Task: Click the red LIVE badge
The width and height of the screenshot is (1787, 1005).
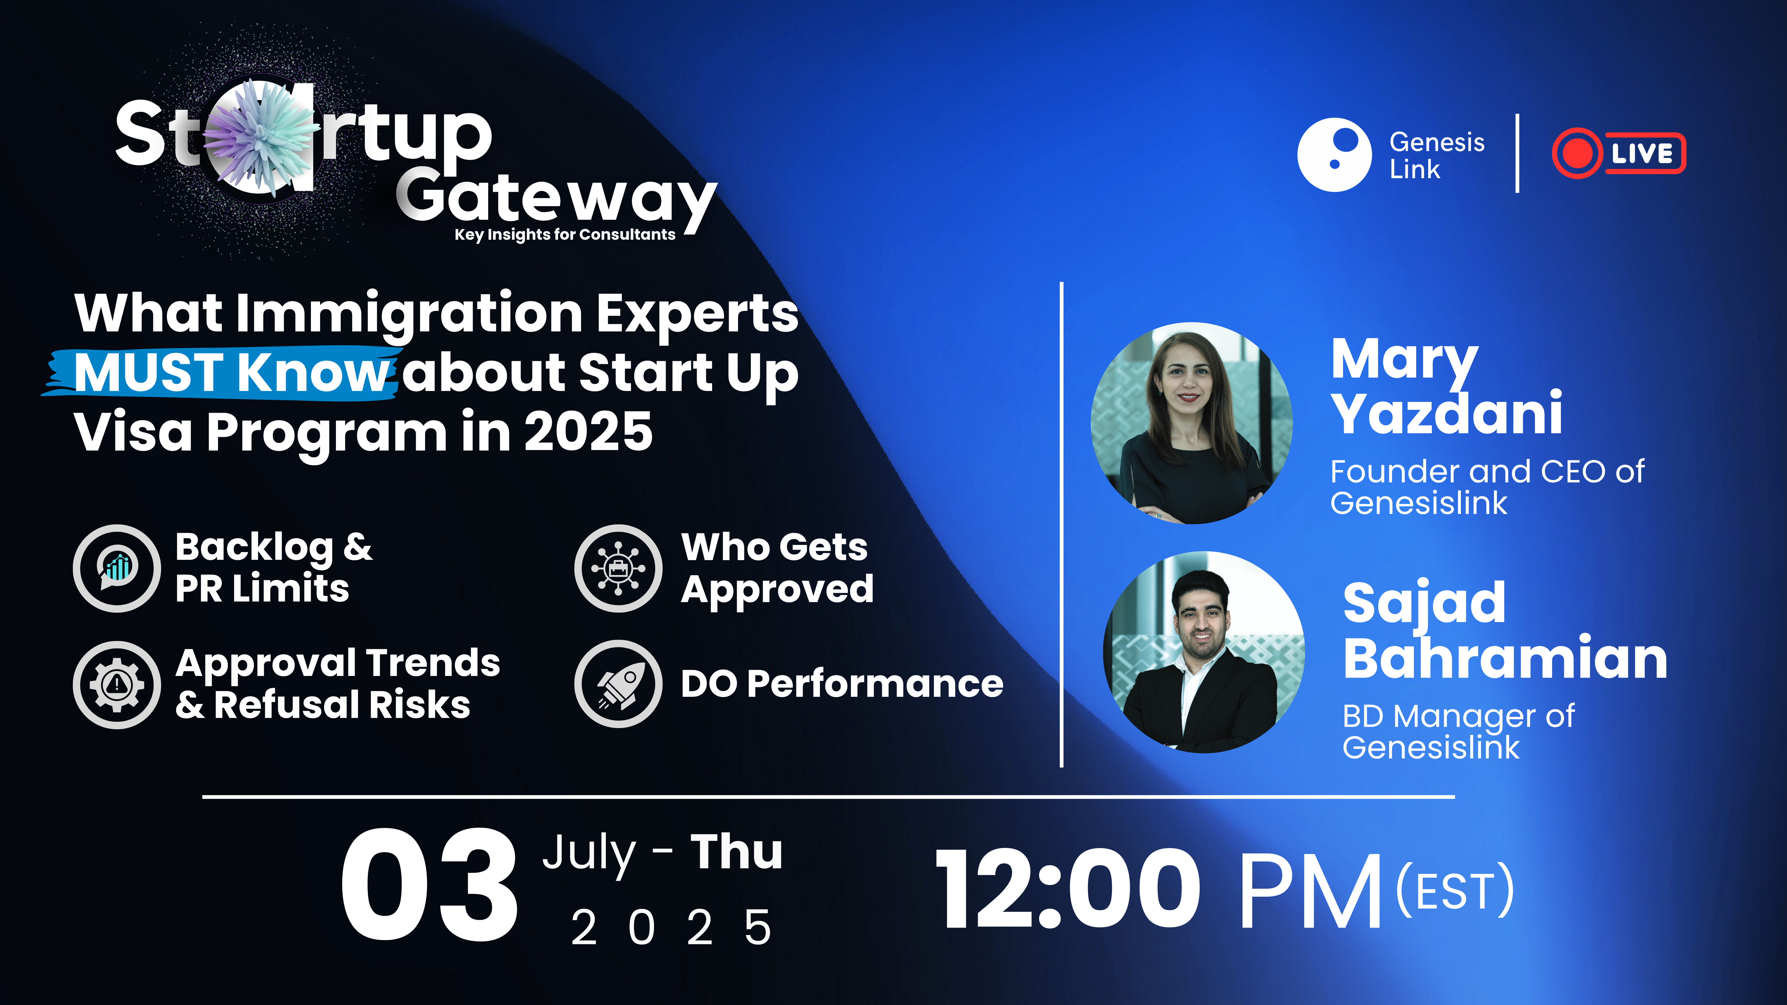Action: tap(1618, 153)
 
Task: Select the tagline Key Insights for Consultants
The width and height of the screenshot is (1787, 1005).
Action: tap(565, 234)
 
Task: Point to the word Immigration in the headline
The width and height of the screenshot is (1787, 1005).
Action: tap(409, 314)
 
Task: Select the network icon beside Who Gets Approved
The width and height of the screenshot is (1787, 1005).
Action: tap(618, 568)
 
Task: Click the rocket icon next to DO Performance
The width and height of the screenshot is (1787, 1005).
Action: tap(618, 684)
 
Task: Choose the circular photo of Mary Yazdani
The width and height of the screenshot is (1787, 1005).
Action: tap(1191, 423)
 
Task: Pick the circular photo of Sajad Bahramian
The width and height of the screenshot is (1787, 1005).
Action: tap(1204, 652)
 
